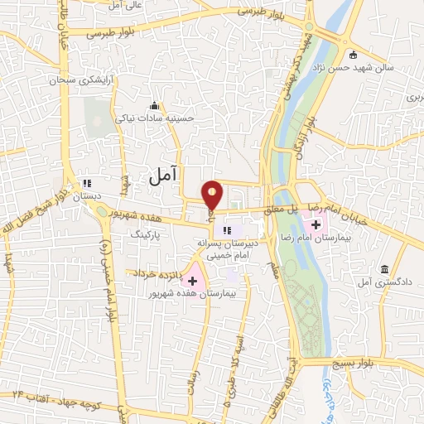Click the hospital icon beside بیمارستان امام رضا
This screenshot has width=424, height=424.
(315, 224)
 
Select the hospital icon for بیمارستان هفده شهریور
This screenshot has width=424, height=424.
(193, 282)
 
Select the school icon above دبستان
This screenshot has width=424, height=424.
(86, 184)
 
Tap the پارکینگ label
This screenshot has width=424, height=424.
(149, 236)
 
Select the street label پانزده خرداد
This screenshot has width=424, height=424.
(155, 272)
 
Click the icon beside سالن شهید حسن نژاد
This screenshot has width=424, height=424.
(354, 55)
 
